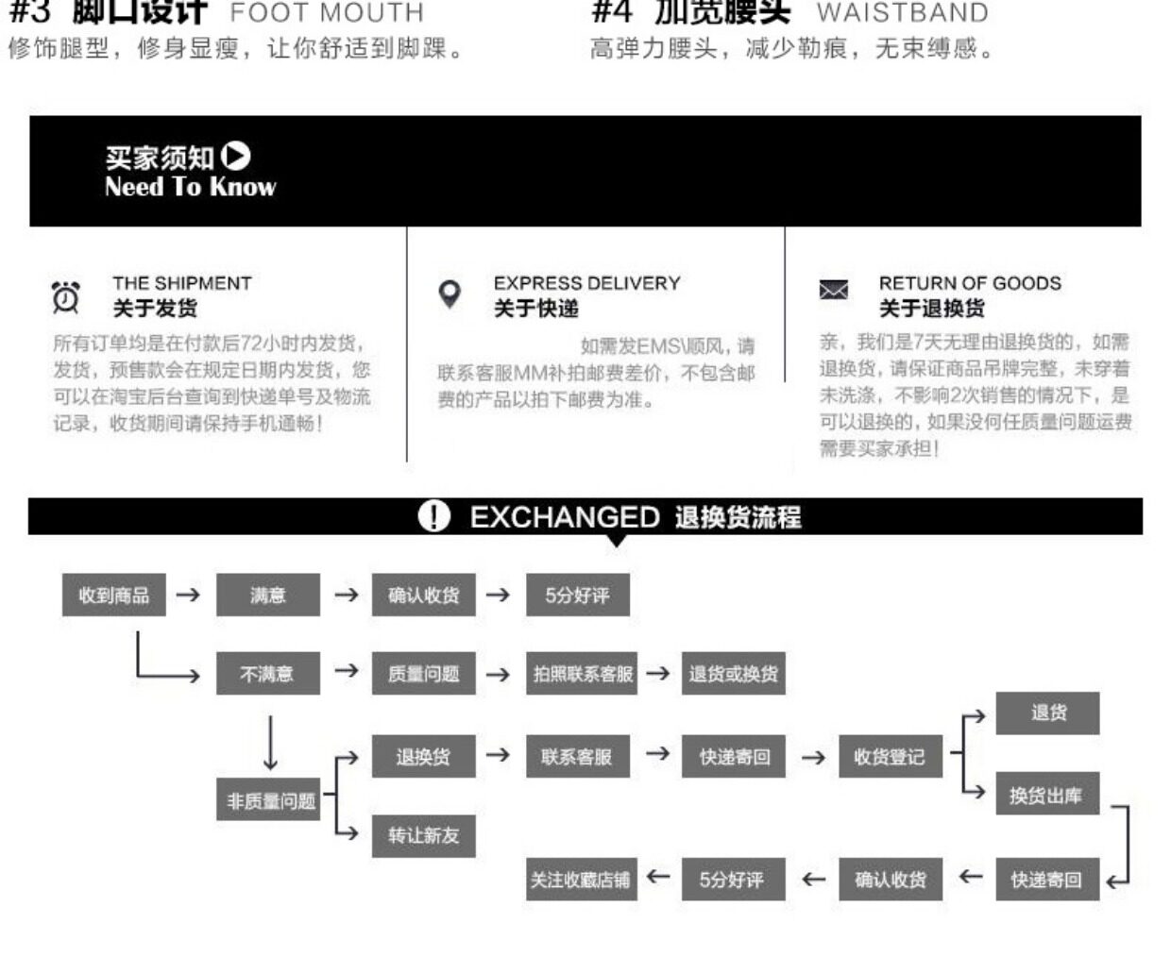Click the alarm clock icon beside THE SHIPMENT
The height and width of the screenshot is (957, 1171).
click(x=66, y=296)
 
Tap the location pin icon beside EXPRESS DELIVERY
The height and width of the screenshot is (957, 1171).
click(x=450, y=294)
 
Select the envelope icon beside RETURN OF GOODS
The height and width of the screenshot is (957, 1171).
click(x=833, y=290)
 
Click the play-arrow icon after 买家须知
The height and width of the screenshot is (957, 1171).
click(x=236, y=156)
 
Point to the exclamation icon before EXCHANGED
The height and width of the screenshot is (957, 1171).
click(x=433, y=516)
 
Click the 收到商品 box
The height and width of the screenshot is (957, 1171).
click(x=113, y=595)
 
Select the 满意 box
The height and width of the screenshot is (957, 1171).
click(x=268, y=595)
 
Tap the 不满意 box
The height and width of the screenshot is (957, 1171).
click(x=268, y=674)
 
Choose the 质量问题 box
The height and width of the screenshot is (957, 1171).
click(x=423, y=674)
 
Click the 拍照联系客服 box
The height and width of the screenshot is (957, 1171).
click(x=582, y=674)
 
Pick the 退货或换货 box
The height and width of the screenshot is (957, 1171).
click(x=734, y=674)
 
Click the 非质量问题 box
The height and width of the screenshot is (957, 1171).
click(x=271, y=800)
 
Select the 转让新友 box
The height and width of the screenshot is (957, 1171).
click(x=423, y=835)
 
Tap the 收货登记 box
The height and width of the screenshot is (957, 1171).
click(x=890, y=756)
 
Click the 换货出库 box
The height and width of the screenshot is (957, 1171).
click(x=1046, y=796)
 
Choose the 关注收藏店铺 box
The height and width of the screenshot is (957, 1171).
click(x=580, y=880)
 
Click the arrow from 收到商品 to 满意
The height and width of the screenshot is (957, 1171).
click(x=189, y=595)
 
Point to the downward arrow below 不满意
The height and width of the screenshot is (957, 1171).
click(x=271, y=743)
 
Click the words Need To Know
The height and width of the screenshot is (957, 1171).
click(x=190, y=186)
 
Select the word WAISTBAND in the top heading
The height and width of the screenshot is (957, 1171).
click(x=902, y=13)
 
